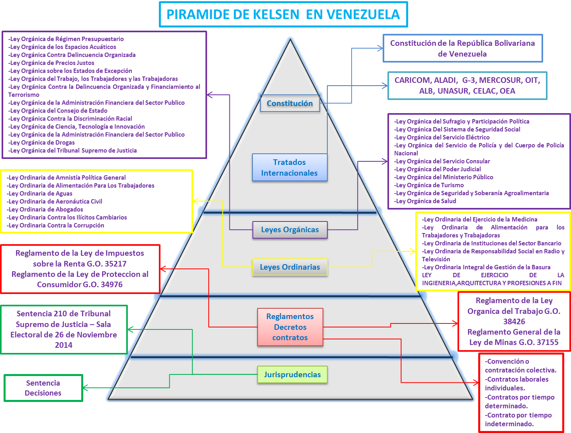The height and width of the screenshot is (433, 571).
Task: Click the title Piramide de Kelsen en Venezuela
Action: tap(283, 14)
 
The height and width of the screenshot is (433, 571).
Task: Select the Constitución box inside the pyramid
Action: tap(289, 104)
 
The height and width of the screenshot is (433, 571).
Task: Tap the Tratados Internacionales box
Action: tap(289, 168)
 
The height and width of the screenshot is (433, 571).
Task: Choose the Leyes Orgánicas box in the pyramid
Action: tap(290, 230)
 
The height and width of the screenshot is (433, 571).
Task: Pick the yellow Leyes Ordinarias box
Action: tap(290, 267)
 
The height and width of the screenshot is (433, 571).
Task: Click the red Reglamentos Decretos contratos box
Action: tap(290, 327)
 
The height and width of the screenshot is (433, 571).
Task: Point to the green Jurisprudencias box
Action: tap(292, 374)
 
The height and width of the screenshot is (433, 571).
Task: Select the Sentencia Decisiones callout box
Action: tap(43, 388)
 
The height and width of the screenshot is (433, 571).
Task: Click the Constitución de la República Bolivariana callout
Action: tap(462, 48)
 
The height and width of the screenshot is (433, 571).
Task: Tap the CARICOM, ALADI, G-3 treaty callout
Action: tap(467, 86)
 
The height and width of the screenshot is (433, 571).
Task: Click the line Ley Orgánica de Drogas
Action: tap(42, 143)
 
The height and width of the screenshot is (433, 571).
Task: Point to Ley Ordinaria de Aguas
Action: tap(40, 194)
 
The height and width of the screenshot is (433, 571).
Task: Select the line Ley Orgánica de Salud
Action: tap(426, 201)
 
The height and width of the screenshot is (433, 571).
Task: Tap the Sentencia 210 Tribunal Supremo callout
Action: tap(64, 329)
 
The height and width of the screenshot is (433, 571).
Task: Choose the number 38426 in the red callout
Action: tap(514, 321)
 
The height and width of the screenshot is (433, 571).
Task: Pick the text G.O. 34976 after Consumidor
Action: tap(103, 284)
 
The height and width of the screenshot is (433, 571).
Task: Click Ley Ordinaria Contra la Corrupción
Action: tap(56, 225)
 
